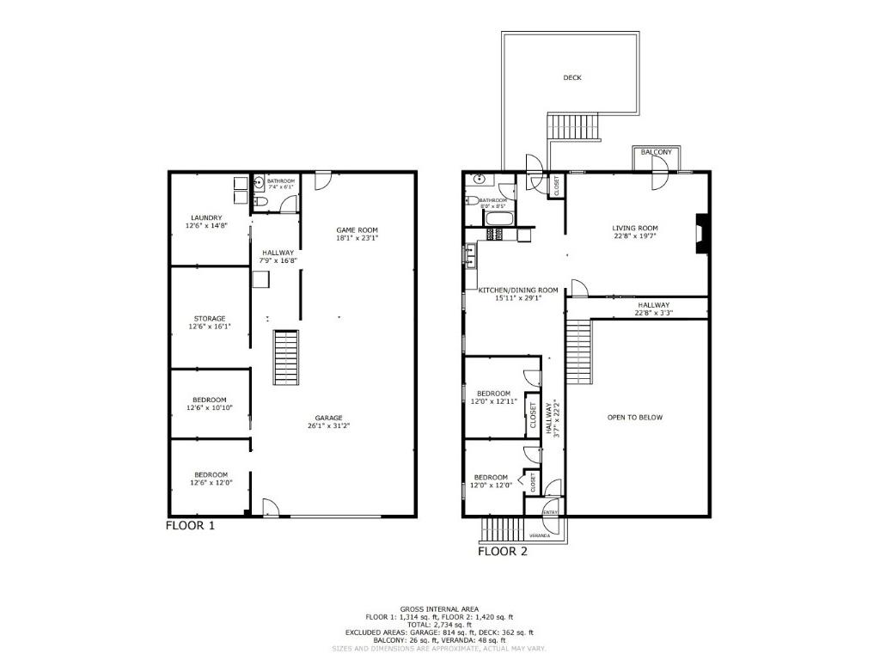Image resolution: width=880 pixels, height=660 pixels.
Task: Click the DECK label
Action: (572, 78)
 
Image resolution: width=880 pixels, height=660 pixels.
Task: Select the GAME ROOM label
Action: (356, 229)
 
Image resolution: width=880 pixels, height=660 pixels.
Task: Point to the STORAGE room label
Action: (208, 319)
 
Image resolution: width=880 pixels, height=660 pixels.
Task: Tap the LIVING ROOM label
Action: (635, 228)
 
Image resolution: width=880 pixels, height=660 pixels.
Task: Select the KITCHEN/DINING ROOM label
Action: (518, 290)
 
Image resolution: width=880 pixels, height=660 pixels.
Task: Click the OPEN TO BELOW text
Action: (635, 418)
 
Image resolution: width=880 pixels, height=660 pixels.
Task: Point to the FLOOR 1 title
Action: (190, 525)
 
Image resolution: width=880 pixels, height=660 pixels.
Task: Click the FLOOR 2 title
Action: (503, 552)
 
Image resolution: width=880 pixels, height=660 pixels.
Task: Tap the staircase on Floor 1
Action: (287, 357)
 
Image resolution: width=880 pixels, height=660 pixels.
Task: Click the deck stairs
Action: (574, 128)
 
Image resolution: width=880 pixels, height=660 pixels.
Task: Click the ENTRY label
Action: (550, 513)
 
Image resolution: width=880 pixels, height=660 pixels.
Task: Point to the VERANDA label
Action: (540, 535)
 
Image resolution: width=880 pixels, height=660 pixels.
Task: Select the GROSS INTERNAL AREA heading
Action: (439, 608)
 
